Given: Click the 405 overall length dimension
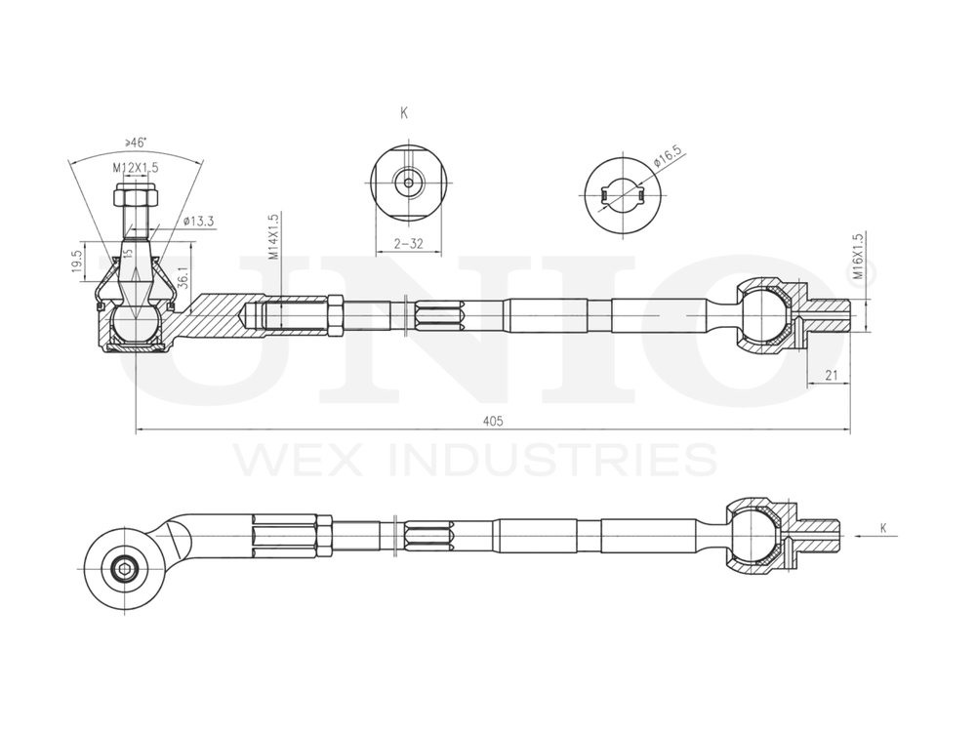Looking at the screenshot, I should pos(492,421).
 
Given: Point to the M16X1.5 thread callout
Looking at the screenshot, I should pos(859,257).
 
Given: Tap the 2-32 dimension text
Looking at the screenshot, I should pos(409,244).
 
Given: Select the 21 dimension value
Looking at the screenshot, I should pos(831,375).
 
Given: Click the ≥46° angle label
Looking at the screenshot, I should pos(137,142).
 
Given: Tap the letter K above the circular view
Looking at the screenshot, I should pos(404,113).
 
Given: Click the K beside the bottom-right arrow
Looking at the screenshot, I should pos(883,528).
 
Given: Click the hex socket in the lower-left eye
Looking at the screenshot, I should pos(123,568).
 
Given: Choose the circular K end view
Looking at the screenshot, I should pos(407,183).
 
